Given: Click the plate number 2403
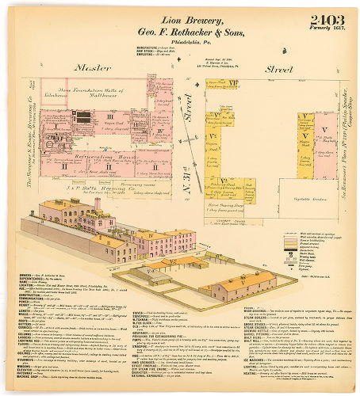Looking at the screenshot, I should point(318,18).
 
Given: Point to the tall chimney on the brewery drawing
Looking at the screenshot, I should point(97,205).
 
